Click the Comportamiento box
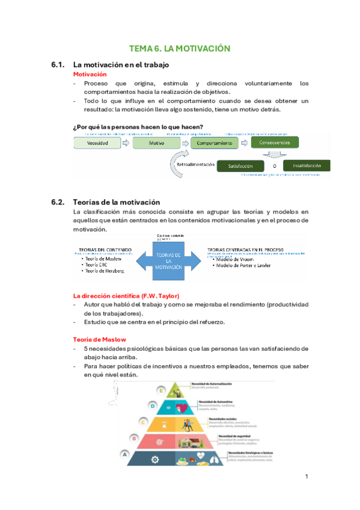[x=213, y=143]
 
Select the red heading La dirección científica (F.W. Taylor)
[x=126, y=295]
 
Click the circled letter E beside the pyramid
[x=162, y=389]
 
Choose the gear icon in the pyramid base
[x=155, y=459]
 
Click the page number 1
[x=307, y=476]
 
